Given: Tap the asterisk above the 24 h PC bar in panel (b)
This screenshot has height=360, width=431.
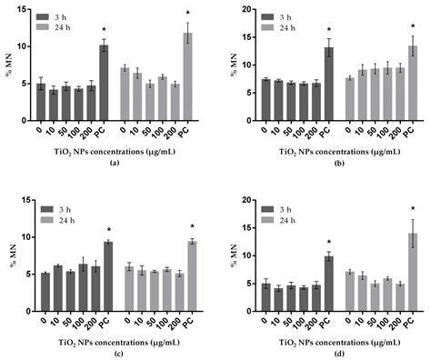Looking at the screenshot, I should pyautogui.click(x=413, y=26).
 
